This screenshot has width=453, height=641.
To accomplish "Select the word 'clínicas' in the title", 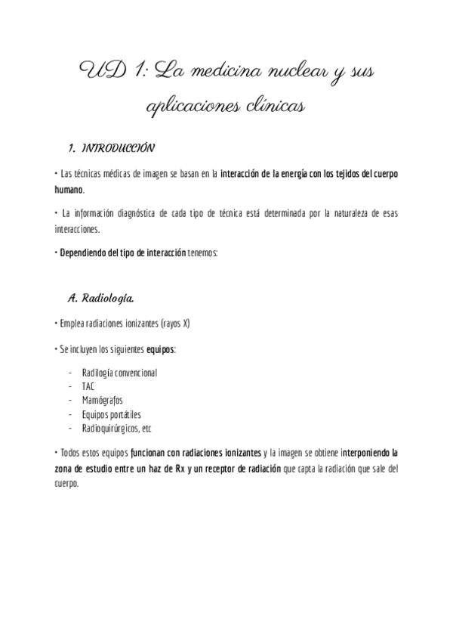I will pyautogui.click(x=270, y=107).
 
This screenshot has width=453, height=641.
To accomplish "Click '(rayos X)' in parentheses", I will pyautogui.click(x=176, y=324).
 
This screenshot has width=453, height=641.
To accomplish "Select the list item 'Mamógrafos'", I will pyautogui.click(x=102, y=400).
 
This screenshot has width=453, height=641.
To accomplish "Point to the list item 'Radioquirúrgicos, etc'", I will pyautogui.click(x=116, y=428).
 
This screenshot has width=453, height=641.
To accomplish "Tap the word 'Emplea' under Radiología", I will pyautogui.click(x=72, y=324).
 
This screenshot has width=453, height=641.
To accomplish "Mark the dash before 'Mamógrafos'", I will pyautogui.click(x=69, y=400).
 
